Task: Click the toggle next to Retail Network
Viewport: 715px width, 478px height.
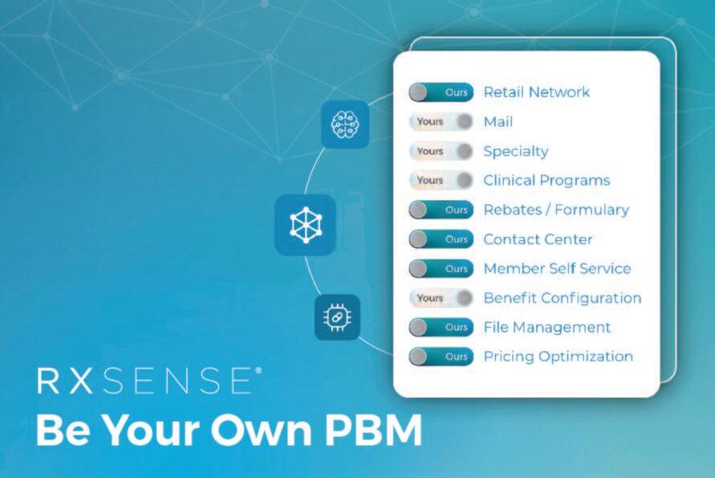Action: [441, 92]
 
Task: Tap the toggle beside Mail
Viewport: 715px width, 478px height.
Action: [441, 122]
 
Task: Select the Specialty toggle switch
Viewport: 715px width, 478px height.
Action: [441, 151]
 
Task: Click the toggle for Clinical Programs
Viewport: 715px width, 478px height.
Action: [441, 180]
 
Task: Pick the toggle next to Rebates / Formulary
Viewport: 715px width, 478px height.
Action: [441, 210]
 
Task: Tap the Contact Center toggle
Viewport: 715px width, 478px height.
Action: [441, 239]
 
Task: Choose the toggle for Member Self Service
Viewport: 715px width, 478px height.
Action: [441, 268]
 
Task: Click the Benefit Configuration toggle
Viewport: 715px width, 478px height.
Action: [441, 298]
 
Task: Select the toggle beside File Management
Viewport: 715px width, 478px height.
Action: [441, 327]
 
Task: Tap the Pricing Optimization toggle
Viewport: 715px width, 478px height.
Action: [441, 357]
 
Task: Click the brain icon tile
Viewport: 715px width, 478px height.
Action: [345, 124]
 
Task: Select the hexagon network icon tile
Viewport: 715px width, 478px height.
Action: [305, 225]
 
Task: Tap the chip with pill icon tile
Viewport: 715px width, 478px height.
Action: [337, 317]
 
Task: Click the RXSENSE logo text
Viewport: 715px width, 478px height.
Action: [148, 381]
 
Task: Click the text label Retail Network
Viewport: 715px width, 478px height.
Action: [536, 92]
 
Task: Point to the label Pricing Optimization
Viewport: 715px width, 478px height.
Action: [558, 357]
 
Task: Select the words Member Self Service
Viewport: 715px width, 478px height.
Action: [557, 268]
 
